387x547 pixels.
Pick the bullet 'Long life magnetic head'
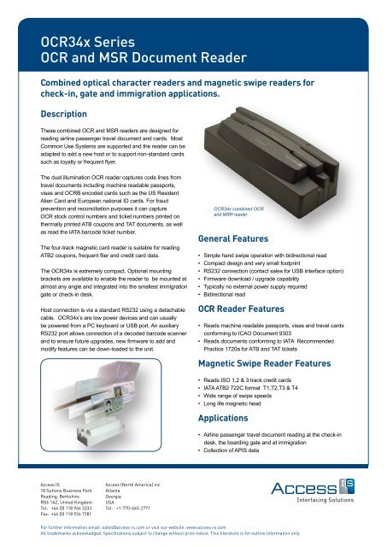pyautogui.click(x=243, y=403)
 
